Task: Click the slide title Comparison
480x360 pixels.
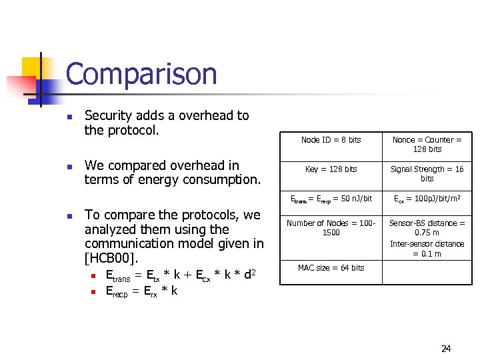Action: [x=141, y=74]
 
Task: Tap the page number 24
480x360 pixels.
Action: [x=446, y=349]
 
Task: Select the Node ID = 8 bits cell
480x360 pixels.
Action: [x=331, y=140]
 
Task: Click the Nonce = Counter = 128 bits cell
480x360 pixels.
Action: [x=427, y=145]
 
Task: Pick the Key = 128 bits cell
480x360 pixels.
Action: [x=331, y=169]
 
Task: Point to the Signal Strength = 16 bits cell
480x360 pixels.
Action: [x=427, y=174]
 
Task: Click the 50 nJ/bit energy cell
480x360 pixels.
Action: [x=331, y=199]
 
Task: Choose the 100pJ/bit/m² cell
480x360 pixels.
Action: [x=427, y=199]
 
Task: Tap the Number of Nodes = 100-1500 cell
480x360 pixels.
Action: [x=331, y=227]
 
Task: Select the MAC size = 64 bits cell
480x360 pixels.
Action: [x=331, y=268]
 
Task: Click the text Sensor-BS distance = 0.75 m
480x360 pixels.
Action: [x=427, y=228]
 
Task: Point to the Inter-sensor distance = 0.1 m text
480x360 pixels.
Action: [x=427, y=249]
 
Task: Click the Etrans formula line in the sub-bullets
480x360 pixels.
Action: [x=181, y=275]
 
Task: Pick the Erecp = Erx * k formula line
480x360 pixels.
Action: [x=141, y=291]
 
